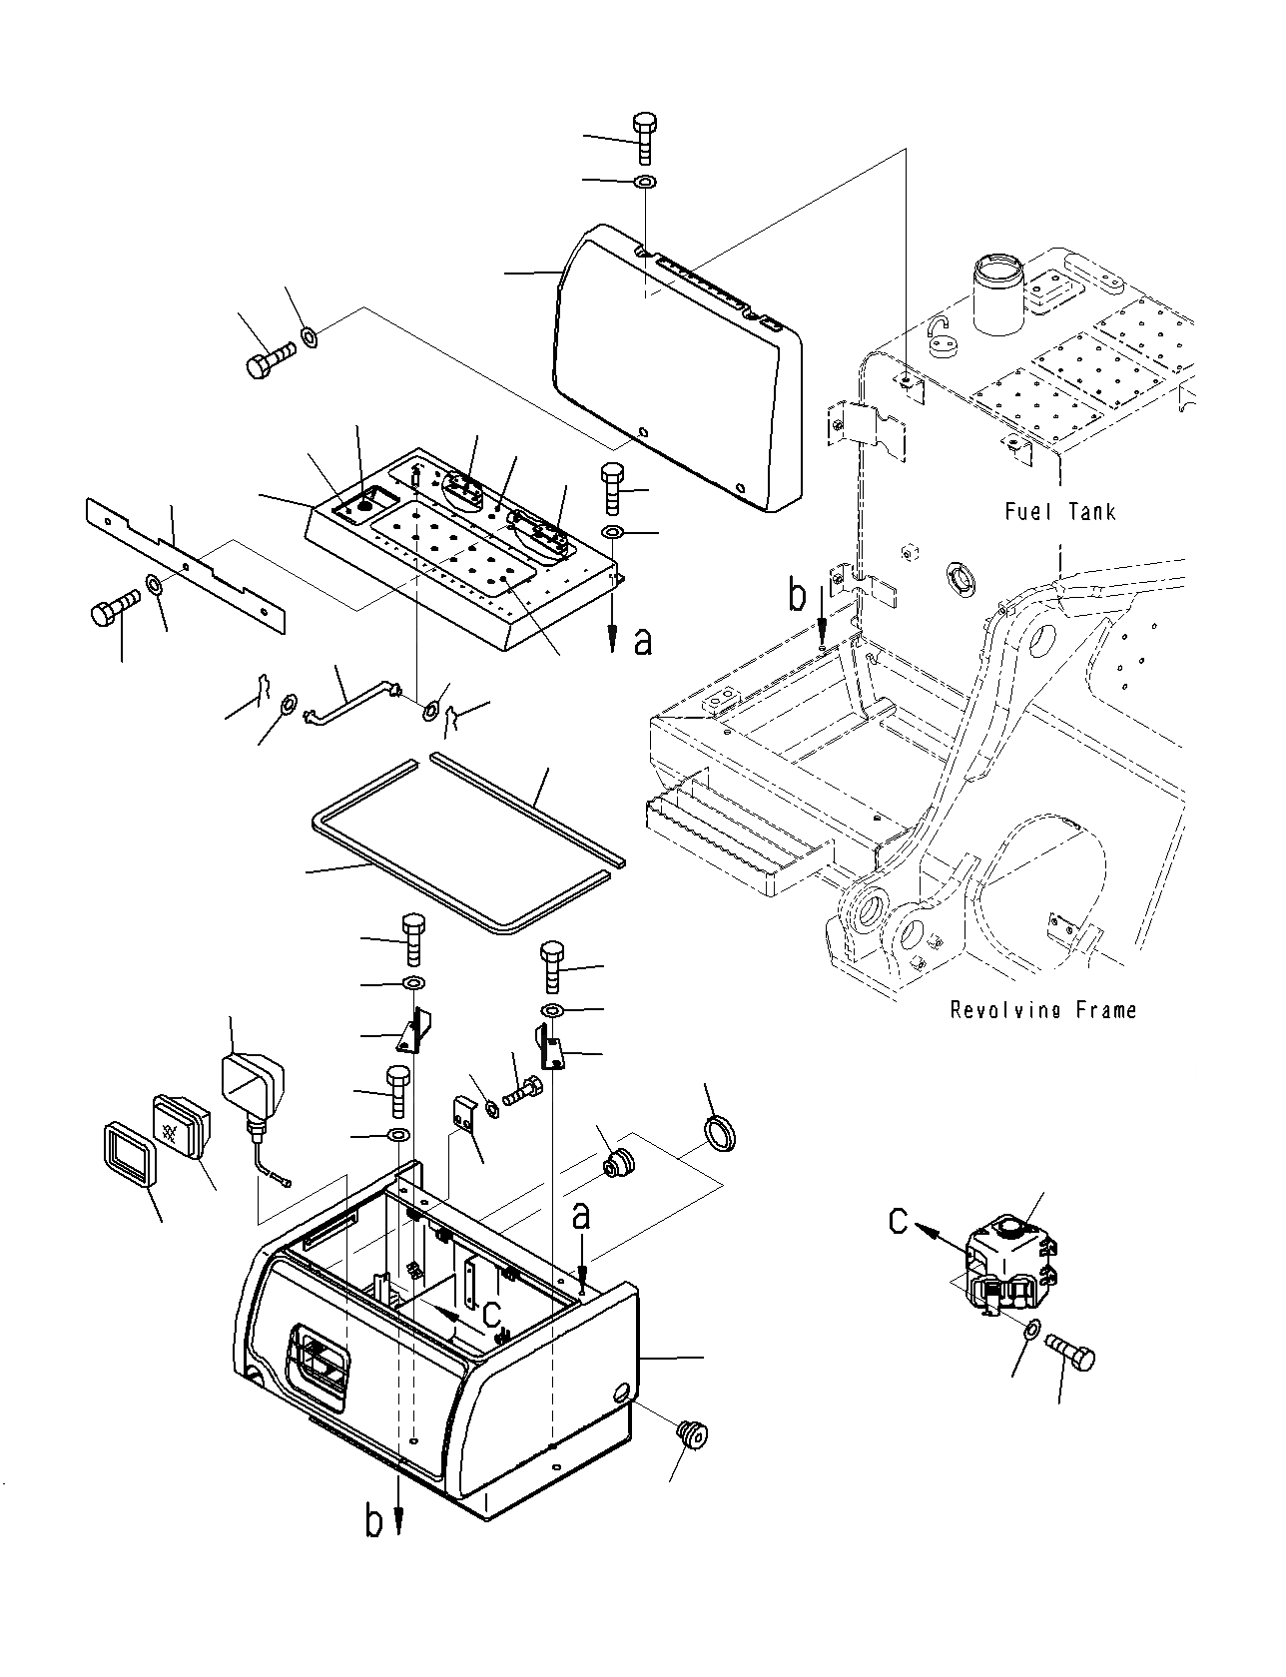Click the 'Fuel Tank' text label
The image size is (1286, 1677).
(x=1059, y=512)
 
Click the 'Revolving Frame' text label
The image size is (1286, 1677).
(x=1043, y=1010)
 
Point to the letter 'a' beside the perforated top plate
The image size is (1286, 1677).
(x=644, y=641)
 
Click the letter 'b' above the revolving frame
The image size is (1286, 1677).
(x=797, y=596)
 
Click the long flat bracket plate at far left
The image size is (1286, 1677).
(x=186, y=564)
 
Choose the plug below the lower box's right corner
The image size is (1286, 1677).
(x=691, y=1435)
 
